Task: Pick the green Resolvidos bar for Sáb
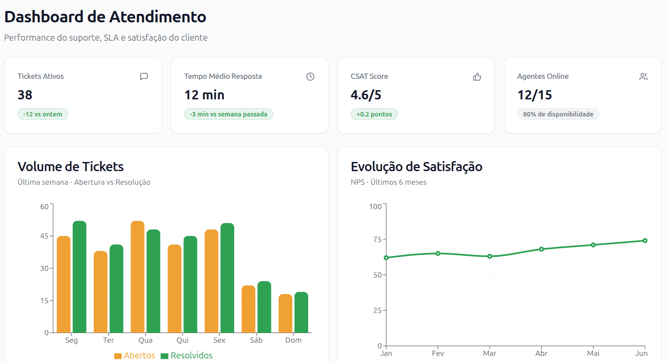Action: (x=264, y=307)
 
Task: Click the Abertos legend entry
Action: (x=135, y=355)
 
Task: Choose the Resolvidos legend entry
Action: (x=187, y=355)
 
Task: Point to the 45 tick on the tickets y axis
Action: (x=45, y=236)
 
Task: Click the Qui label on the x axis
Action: (x=183, y=340)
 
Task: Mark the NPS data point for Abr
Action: (x=541, y=249)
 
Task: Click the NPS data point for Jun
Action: (x=645, y=241)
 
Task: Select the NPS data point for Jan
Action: (x=386, y=258)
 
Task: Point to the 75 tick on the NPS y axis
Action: (x=377, y=239)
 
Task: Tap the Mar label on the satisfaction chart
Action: (x=489, y=353)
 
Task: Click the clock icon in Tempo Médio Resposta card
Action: (x=310, y=77)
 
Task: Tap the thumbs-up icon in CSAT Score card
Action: (x=477, y=77)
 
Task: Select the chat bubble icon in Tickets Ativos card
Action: (x=144, y=77)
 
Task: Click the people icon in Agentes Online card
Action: (x=643, y=77)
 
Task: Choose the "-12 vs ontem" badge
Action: (x=43, y=114)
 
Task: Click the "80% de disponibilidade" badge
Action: (x=558, y=114)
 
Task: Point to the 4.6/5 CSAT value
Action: (x=366, y=95)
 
